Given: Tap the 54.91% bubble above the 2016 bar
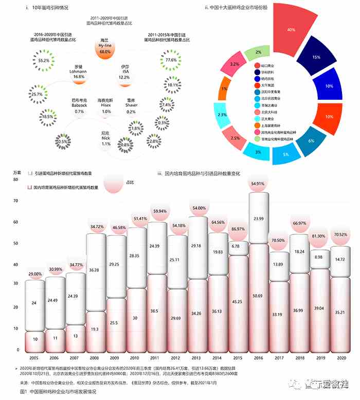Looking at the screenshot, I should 258,184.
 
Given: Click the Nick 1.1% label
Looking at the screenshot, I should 105,141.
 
